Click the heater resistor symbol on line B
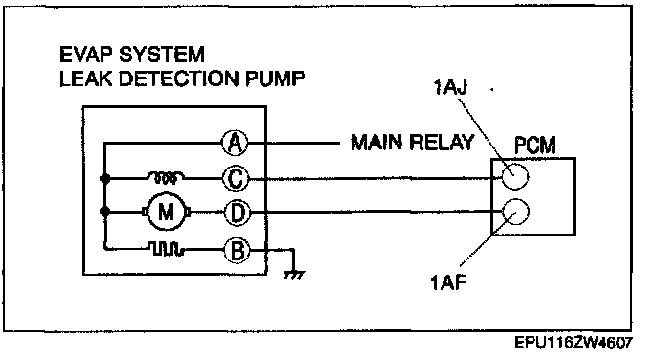tap(167, 249)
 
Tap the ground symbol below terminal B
tap(294, 275)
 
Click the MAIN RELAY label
tap(412, 143)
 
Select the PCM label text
tap(534, 145)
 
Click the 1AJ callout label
tap(450, 87)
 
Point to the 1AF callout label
tap(448, 281)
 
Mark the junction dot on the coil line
tap(105, 178)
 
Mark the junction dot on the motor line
tap(105, 212)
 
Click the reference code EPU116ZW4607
tap(574, 343)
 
